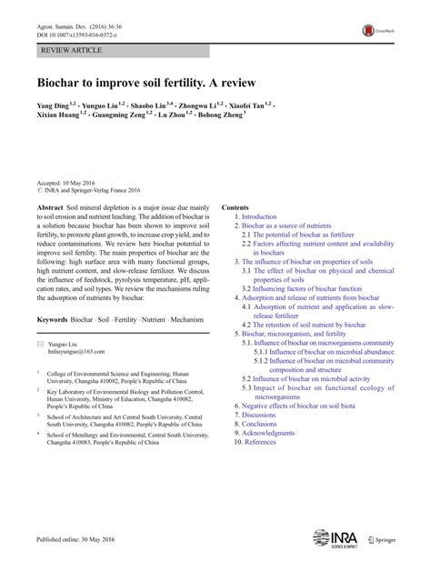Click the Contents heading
235,207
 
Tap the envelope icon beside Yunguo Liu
40,343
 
